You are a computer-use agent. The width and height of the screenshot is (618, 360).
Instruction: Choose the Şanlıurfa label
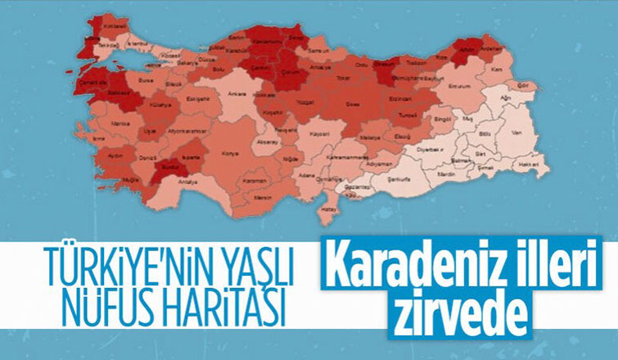(x=400, y=175)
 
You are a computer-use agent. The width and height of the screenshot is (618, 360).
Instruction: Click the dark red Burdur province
(x=173, y=165)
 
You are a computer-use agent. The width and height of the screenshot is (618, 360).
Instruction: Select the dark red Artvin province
(x=467, y=48)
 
